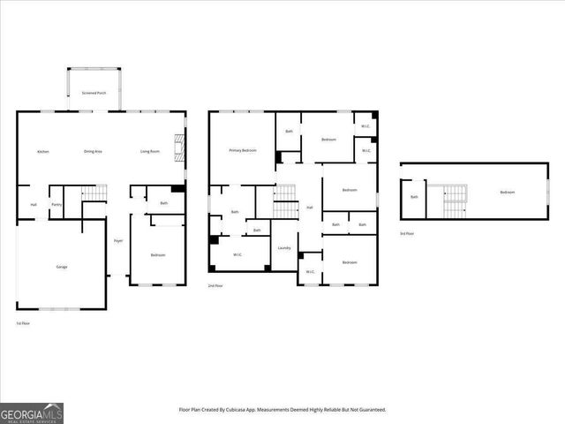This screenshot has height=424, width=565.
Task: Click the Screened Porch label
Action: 94,92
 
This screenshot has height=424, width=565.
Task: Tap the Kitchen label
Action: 42,151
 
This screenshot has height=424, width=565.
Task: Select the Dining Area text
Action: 94,151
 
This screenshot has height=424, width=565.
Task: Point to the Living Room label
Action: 150,151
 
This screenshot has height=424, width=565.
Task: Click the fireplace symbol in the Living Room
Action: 179,146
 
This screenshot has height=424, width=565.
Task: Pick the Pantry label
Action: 56,205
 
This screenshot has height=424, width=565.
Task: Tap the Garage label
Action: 62,266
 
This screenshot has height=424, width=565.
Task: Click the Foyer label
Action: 117,240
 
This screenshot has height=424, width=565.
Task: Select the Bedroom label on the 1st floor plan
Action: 157,255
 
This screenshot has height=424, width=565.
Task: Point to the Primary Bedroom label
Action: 243,150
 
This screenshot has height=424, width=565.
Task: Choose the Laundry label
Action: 284,247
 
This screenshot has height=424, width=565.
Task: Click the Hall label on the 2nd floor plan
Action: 310,208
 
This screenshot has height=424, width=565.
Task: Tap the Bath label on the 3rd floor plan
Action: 413,197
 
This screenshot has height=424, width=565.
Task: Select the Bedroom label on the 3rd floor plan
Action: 507,192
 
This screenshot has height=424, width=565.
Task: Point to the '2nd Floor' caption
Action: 215,286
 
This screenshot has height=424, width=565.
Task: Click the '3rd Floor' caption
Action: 407,233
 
